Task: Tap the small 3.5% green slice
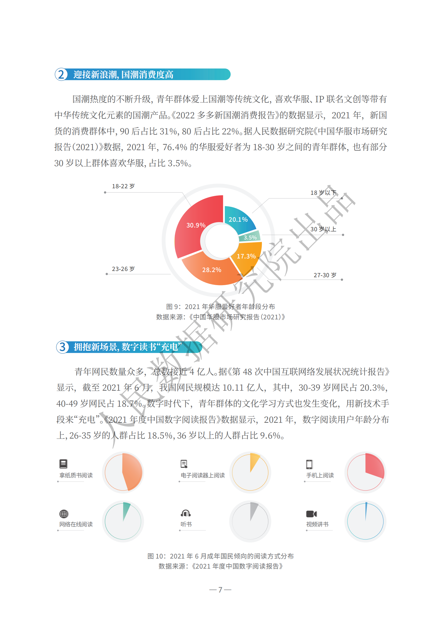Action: pyautogui.click(x=250, y=237)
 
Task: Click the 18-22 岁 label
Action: pyautogui.click(x=123, y=186)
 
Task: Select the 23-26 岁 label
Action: pyautogui.click(x=123, y=269)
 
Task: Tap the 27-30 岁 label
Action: pyautogui.click(x=325, y=275)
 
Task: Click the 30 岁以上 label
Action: pyautogui.click(x=323, y=229)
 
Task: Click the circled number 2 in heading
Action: pyautogui.click(x=61, y=74)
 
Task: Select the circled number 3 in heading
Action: pyautogui.click(x=63, y=347)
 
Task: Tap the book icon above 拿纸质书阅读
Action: pyautogui.click(x=63, y=464)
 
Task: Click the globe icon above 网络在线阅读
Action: pyautogui.click(x=64, y=514)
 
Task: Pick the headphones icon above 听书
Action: pyautogui.click(x=186, y=513)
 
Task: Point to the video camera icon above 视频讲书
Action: pyautogui.click(x=311, y=514)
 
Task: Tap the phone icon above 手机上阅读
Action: pyautogui.click(x=309, y=464)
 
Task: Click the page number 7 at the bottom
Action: pyautogui.click(x=220, y=590)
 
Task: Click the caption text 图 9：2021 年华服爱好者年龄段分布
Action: pyautogui.click(x=220, y=307)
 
